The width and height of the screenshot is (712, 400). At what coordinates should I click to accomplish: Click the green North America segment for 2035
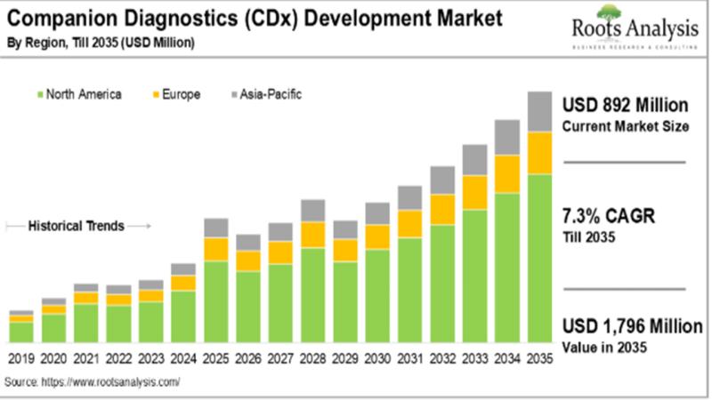(539, 258)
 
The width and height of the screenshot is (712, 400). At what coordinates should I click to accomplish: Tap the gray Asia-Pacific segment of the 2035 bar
(539, 111)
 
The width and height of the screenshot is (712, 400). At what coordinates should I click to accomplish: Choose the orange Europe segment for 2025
(215, 249)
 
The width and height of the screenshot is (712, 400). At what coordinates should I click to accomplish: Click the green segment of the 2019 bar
(21, 332)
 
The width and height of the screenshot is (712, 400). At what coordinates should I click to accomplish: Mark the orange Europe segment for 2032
(442, 209)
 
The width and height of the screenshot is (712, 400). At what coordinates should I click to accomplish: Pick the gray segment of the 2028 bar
(312, 210)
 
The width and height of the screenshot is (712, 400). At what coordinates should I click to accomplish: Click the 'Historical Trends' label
(77, 226)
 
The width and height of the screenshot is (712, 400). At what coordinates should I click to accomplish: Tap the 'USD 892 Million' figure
(626, 104)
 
